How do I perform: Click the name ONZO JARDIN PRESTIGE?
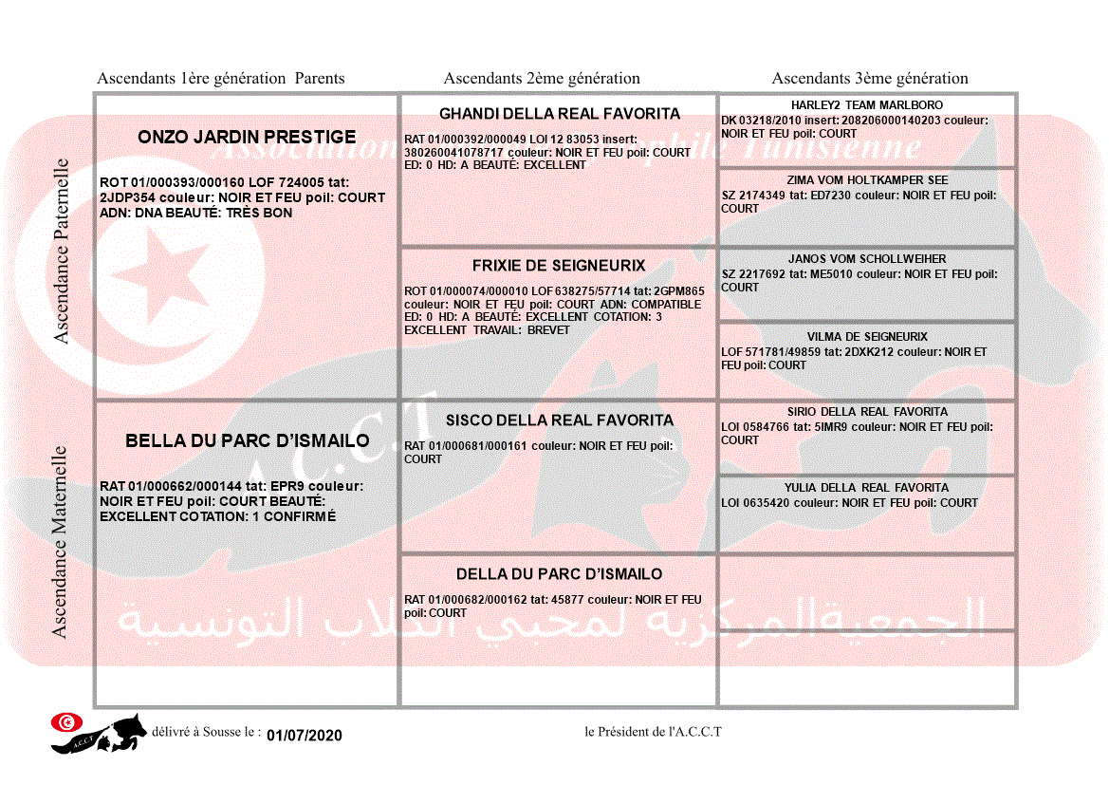click(x=247, y=137)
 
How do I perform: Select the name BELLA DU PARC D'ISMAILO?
click(x=248, y=441)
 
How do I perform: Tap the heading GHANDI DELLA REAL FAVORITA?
click(x=559, y=114)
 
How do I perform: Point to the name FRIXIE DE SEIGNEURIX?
click(x=559, y=266)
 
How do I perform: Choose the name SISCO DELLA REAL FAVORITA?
click(x=559, y=421)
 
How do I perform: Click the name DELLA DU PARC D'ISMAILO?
click(x=559, y=574)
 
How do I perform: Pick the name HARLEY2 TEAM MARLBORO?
click(x=866, y=105)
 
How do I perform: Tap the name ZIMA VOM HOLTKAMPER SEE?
click(x=867, y=180)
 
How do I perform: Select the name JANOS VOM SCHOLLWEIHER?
click(x=867, y=259)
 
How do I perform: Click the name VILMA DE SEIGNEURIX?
click(x=867, y=337)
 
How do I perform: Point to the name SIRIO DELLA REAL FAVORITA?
click(x=867, y=412)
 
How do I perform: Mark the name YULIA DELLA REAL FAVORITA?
click(x=867, y=488)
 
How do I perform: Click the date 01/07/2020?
click(x=304, y=736)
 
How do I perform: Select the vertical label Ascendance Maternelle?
click(x=60, y=541)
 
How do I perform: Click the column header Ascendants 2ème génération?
click(x=542, y=79)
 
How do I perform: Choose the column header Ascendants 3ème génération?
click(x=870, y=79)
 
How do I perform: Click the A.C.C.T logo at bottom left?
click(x=99, y=733)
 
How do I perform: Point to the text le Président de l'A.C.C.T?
click(x=654, y=732)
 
